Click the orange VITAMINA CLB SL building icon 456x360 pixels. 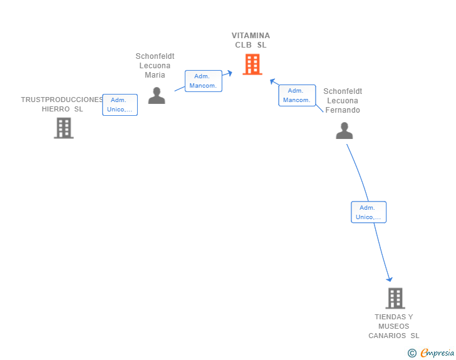pos(252,64)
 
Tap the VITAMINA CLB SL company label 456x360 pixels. pos(251,40)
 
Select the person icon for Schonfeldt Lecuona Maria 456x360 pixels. pos(157,95)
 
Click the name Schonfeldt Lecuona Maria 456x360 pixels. pos(155,66)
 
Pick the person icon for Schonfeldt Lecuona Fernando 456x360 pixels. pos(345,131)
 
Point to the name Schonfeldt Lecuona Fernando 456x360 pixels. pos(343,101)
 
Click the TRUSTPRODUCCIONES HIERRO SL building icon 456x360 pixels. pos(64,128)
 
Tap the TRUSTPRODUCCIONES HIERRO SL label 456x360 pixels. pos(62,104)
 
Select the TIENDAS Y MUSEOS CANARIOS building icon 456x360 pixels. pos(395,298)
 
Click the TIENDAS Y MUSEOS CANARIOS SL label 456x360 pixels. pos(394,326)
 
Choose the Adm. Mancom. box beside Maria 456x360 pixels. pos(204,81)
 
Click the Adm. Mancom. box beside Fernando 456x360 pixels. pos(297,95)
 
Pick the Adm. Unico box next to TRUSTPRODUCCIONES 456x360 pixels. pos(120,105)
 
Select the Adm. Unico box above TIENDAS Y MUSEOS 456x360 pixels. pos(368,212)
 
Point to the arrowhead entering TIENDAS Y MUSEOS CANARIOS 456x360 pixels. pos(390,279)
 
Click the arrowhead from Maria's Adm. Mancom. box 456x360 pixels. pos(230,73)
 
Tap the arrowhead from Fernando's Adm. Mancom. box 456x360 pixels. pos(272,81)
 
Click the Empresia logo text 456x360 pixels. pos(437,352)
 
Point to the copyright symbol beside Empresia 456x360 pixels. pos(412,353)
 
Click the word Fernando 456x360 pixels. pos(343,110)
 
